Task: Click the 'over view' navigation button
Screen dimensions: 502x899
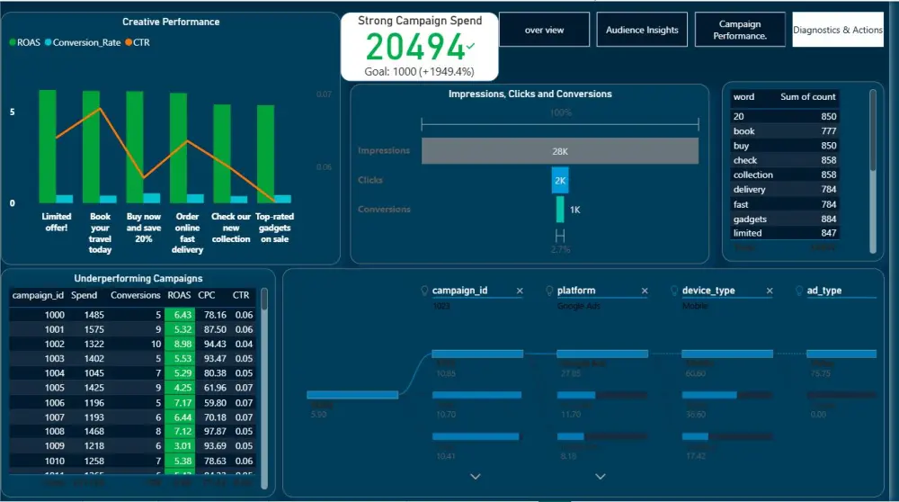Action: (x=544, y=30)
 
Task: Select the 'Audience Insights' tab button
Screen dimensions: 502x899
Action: (x=642, y=30)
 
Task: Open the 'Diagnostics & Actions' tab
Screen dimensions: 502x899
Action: (x=838, y=30)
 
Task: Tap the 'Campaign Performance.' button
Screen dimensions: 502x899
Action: (x=740, y=30)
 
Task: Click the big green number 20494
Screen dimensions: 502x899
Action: (x=416, y=46)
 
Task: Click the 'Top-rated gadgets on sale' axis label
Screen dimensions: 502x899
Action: (x=274, y=228)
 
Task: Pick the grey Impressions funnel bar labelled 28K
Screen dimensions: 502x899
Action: (x=559, y=151)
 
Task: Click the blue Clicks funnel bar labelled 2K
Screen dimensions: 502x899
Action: (x=560, y=180)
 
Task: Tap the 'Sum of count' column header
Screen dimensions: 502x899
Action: (x=807, y=96)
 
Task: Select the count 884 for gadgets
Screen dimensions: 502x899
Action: (x=827, y=219)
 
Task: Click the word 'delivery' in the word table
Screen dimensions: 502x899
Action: (x=750, y=190)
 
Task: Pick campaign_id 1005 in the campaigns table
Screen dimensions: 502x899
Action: (x=54, y=388)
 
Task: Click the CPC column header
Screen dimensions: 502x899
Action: (x=206, y=294)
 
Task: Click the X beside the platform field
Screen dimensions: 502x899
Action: (x=644, y=291)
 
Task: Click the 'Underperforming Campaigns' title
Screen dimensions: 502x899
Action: (x=138, y=279)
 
